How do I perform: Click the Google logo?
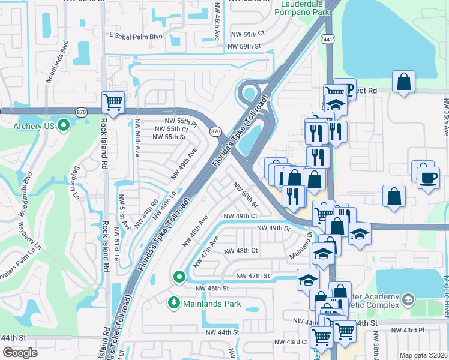pyautogui.click(x=20, y=352)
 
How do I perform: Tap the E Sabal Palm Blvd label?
pyautogui.click(x=136, y=36)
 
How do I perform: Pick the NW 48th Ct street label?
pyautogui.click(x=241, y=251)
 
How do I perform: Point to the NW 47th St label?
pyautogui.click(x=253, y=276)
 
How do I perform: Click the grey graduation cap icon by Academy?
pyautogui.click(x=408, y=298)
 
